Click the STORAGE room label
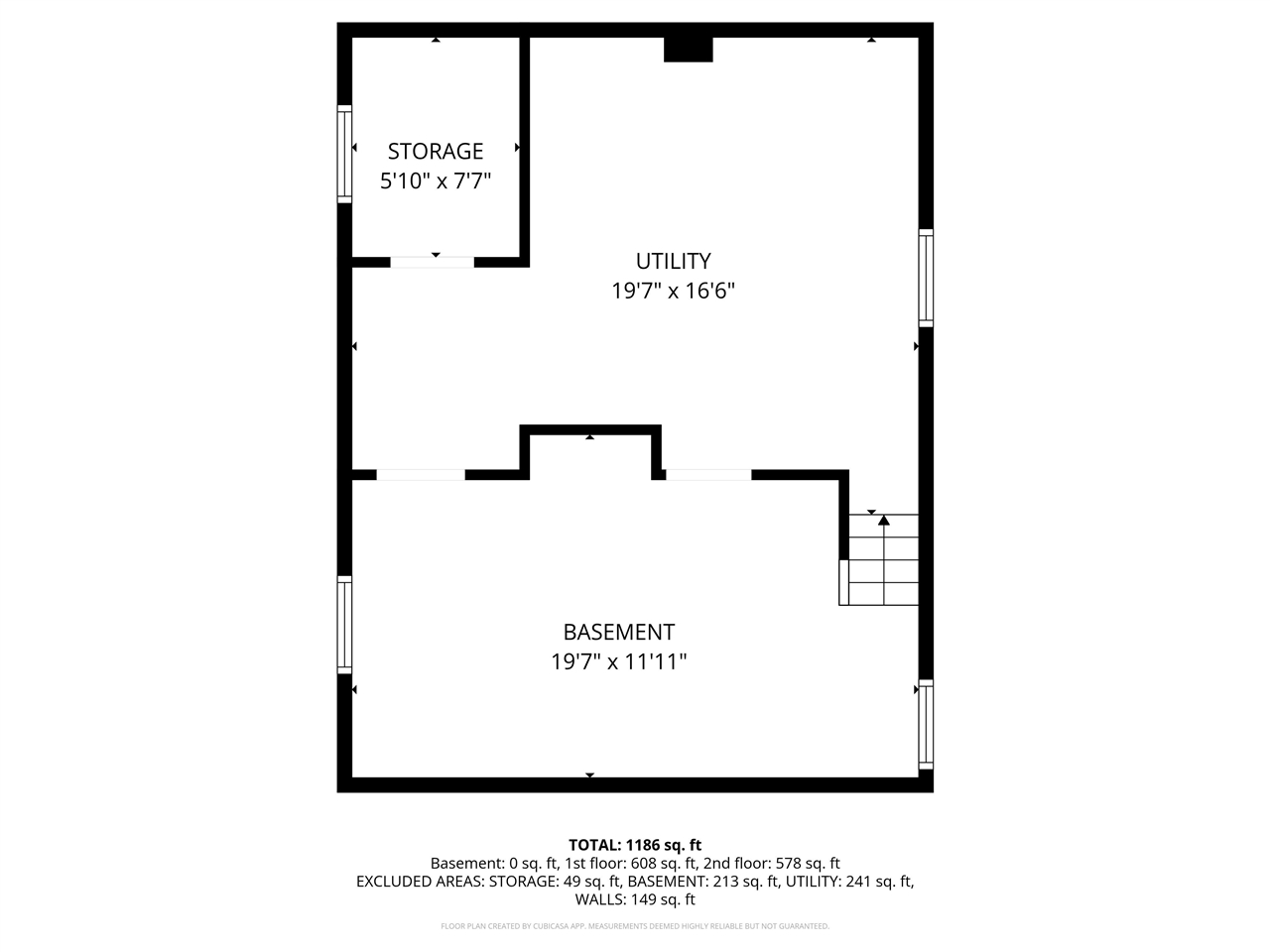coord(435,151)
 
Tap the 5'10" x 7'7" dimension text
coord(436,181)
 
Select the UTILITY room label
coord(673,261)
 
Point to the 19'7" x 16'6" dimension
coord(673,292)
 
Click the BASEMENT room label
coord(618,632)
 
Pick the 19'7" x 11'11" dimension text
coord(618,662)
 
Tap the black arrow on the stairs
coord(883,520)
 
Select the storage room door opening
coord(432,263)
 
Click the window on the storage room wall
coord(344,153)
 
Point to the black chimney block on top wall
coord(688,49)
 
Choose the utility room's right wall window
coord(926,278)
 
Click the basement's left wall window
coord(344,625)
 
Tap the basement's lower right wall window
coord(926,724)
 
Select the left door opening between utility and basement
coord(420,475)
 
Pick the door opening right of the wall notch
coord(707,475)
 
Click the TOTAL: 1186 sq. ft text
coord(635,845)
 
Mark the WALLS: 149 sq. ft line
coord(635,900)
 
